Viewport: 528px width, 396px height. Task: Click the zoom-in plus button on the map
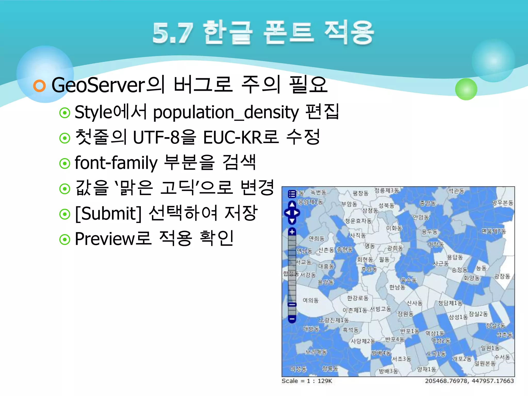[x=292, y=232]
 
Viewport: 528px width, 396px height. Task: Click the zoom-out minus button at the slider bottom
[x=292, y=319]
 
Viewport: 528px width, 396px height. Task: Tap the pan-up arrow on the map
[x=292, y=204]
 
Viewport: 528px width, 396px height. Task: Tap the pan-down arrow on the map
[x=292, y=221]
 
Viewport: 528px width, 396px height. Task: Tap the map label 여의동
[x=310, y=300]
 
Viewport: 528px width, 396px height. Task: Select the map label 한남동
[x=397, y=287]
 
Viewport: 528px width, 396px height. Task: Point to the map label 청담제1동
[x=450, y=303]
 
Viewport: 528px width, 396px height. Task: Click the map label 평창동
[x=360, y=193]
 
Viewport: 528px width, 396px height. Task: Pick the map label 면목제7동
[x=494, y=231]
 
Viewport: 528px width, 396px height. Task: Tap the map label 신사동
[x=414, y=303]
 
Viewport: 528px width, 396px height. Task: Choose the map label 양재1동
[x=427, y=369]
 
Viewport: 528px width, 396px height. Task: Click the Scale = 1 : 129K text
[x=307, y=381]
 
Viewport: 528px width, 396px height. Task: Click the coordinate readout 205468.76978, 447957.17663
[x=469, y=381]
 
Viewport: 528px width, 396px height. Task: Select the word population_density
[x=226, y=113]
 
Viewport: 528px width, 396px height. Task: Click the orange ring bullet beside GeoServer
[x=39, y=86]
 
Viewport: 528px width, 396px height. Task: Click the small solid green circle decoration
[x=466, y=89]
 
